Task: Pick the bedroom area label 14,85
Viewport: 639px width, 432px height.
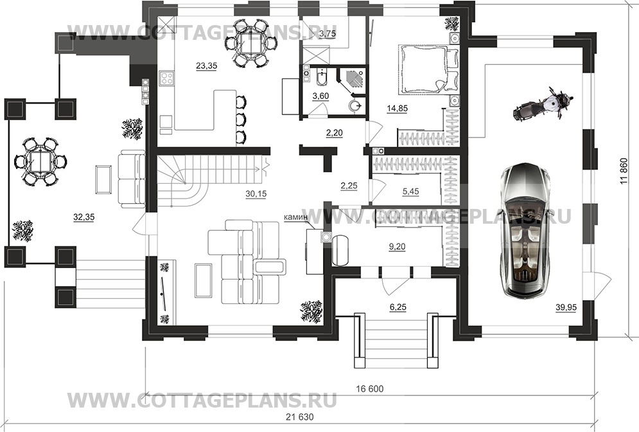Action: click(397, 108)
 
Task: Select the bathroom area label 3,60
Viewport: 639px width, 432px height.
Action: click(320, 96)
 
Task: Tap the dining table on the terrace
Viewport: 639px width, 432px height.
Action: click(40, 161)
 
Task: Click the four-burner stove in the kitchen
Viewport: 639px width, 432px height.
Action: click(168, 79)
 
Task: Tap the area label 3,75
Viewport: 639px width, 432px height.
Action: click(328, 33)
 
